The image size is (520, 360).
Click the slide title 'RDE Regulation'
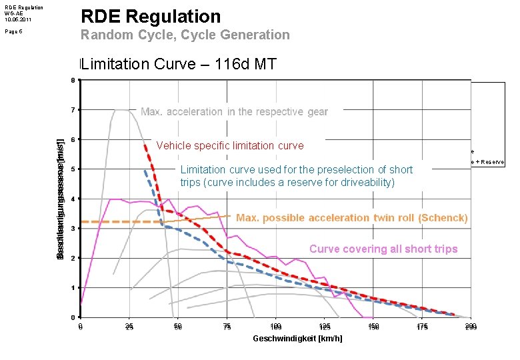(150, 16)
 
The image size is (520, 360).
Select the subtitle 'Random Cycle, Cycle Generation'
(185, 35)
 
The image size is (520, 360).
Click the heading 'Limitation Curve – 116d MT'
(178, 64)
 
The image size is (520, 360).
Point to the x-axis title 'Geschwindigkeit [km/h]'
(297, 339)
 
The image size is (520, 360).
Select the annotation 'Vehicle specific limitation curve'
(229, 146)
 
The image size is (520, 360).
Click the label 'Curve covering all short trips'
(383, 249)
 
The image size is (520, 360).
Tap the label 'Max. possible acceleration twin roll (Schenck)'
(352, 218)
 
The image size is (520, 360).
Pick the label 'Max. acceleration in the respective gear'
(234, 112)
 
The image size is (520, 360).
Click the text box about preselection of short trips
(296, 176)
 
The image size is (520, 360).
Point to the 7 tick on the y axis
(73, 109)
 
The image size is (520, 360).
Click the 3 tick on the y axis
(73, 228)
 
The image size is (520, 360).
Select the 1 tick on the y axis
(73, 287)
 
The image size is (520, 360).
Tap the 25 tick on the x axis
(129, 327)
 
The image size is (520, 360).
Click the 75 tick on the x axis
(227, 327)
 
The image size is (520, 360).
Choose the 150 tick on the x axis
(373, 327)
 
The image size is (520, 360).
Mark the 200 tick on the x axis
(471, 327)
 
